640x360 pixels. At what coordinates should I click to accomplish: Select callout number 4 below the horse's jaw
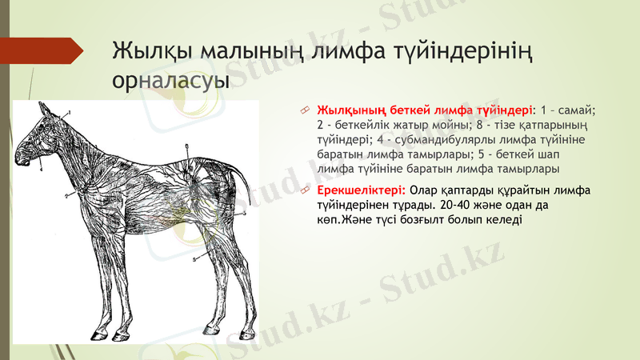click(39, 169)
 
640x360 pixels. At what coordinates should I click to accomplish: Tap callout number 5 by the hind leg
click(194, 260)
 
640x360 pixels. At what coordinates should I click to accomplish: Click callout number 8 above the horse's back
click(186, 146)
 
